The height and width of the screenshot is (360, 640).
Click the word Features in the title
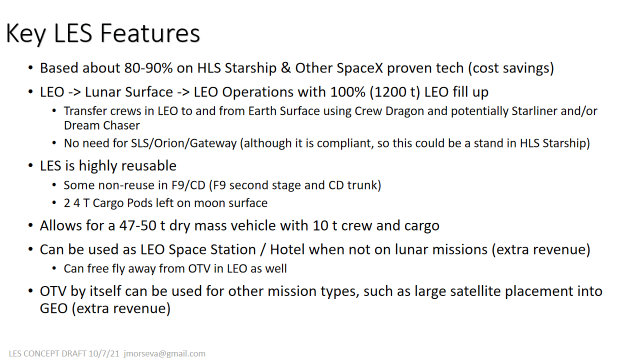149,33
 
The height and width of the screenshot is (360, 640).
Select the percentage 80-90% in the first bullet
148,68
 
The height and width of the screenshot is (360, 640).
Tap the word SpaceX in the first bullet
339,68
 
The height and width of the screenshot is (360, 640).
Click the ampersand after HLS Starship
285,68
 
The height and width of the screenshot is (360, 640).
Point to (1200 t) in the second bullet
395,92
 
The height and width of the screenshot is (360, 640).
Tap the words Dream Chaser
101,125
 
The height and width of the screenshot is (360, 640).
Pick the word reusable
149,165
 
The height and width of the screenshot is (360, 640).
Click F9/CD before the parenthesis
188,185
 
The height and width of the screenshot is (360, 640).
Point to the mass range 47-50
137,225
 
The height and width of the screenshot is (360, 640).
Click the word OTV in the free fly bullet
199,269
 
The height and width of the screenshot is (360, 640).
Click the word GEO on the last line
53,308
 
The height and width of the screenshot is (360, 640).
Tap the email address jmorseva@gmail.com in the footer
164,353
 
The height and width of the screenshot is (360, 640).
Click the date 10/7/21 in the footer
104,353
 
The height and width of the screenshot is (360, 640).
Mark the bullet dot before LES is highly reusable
30,166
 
